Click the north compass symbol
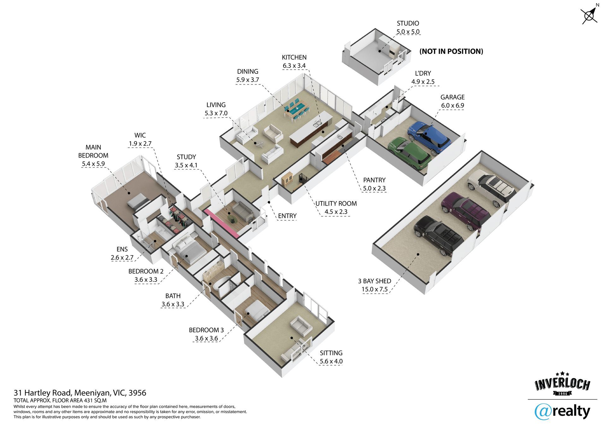coord(589,15)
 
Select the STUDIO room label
coord(408,23)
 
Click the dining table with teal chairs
coord(297,110)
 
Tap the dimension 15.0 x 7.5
coord(375,289)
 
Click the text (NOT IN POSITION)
coord(451,51)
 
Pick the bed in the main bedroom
coord(138,201)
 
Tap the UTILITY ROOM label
coord(336,204)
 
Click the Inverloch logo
coord(562,385)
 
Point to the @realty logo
coord(562,412)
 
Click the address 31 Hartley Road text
coord(80,393)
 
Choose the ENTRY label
coord(287,216)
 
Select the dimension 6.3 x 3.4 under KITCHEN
coord(294,66)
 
